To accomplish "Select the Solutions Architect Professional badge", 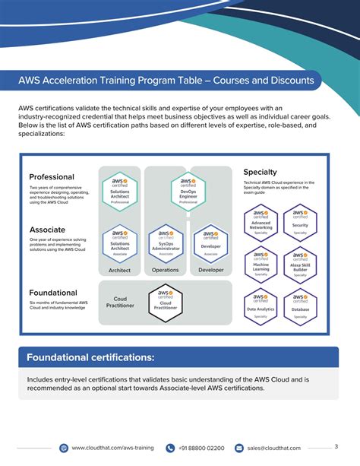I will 119,191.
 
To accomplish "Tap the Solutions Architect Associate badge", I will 119,243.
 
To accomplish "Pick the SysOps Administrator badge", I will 165,243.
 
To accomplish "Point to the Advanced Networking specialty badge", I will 261,221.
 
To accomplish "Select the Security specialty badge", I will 299,221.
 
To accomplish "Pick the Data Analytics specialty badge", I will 261,306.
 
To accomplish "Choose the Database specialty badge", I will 299,306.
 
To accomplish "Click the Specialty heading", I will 260,173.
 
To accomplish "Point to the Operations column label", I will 165,270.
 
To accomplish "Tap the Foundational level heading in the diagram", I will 53,293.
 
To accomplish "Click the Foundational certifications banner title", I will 90,357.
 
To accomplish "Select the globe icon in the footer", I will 63,449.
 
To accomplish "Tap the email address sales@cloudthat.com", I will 273,449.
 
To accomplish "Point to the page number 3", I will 336,446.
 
